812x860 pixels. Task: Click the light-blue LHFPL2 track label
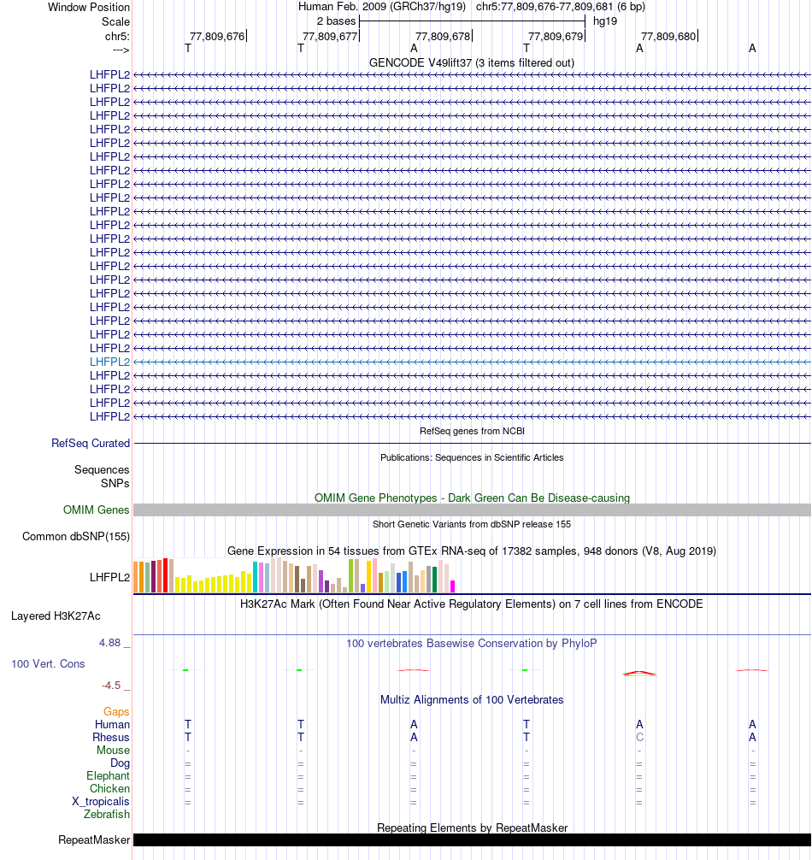coord(110,362)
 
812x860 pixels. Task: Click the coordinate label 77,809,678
coord(443,36)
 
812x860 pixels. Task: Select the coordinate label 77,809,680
coord(668,36)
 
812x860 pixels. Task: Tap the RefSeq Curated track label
coord(91,444)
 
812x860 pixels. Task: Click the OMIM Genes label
coord(97,510)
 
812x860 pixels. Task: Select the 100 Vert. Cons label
coord(48,663)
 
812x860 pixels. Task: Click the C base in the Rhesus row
coord(639,738)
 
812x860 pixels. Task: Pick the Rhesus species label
coord(111,738)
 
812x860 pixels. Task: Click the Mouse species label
coord(114,751)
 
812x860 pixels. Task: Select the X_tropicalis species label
coord(101,802)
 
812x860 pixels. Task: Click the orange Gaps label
coord(116,711)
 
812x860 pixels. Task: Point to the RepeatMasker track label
coord(94,840)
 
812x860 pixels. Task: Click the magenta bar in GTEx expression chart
coord(452,586)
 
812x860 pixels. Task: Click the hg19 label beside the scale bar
coord(605,21)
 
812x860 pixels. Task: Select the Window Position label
coord(89,7)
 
